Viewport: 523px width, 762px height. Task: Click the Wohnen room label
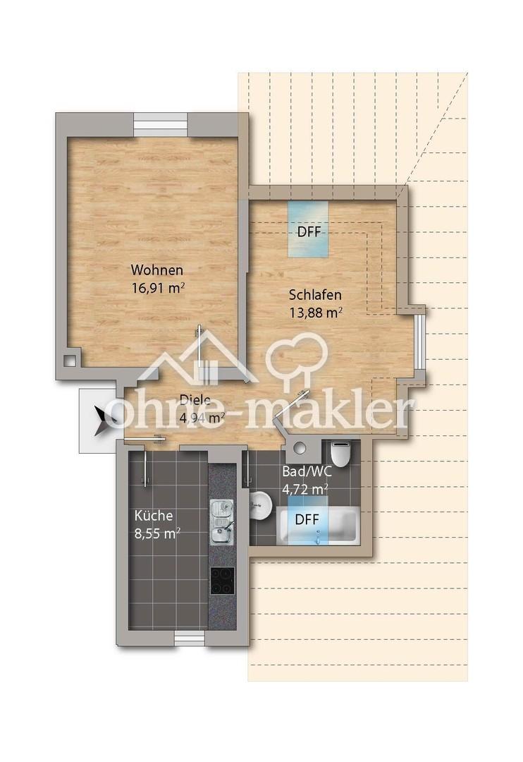[157, 270]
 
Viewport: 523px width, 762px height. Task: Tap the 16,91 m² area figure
[159, 288]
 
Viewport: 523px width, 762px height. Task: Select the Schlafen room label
[315, 295]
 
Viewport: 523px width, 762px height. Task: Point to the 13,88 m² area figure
[316, 313]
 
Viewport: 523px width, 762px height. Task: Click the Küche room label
[154, 516]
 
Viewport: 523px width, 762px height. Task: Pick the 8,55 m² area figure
[157, 533]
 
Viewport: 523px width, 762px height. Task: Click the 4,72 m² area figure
[305, 489]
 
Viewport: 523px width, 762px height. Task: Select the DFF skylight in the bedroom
[308, 229]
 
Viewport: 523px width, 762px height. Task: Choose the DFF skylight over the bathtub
[307, 519]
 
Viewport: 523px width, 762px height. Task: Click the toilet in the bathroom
[340, 453]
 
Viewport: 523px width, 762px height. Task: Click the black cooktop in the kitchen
[222, 581]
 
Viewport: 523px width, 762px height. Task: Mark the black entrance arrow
[103, 419]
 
